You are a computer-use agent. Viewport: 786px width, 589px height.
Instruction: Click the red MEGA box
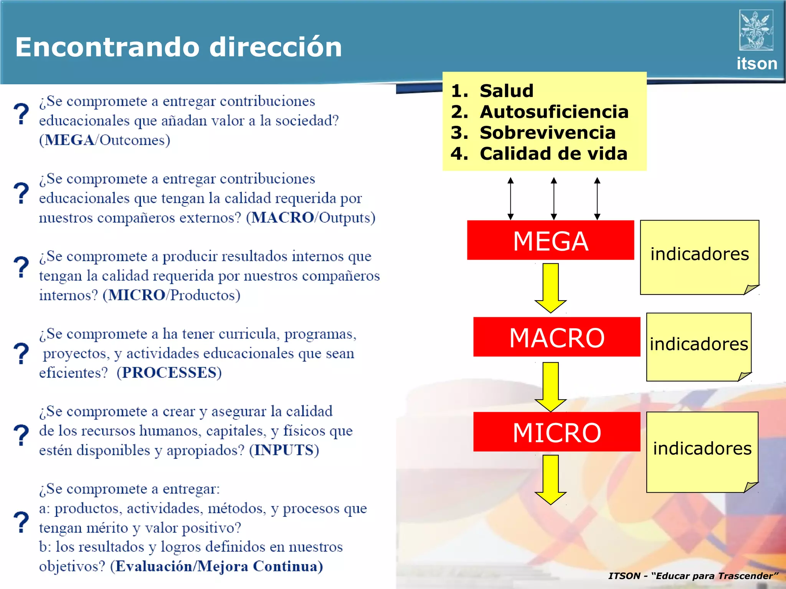[x=550, y=240]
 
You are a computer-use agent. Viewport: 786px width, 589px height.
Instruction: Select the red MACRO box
[x=556, y=337]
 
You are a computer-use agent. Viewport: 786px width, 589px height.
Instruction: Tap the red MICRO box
[x=556, y=432]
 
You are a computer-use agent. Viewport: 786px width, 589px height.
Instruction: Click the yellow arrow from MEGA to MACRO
[x=550, y=288]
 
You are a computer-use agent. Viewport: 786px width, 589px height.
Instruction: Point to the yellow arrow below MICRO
[x=550, y=479]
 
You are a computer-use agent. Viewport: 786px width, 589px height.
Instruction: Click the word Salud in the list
[x=506, y=91]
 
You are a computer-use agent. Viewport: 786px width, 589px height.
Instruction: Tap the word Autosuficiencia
[x=554, y=112]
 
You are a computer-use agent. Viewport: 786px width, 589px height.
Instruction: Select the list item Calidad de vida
[x=553, y=154]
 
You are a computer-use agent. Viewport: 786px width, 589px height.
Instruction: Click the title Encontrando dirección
[x=178, y=47]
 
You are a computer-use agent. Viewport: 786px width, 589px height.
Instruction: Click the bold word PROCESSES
[x=169, y=373]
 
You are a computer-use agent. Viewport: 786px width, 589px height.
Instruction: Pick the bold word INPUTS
[x=284, y=450]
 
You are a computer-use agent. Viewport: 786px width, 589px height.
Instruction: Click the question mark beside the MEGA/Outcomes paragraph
[x=21, y=114]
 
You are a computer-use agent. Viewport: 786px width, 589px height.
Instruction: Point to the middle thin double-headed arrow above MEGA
[x=553, y=198]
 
